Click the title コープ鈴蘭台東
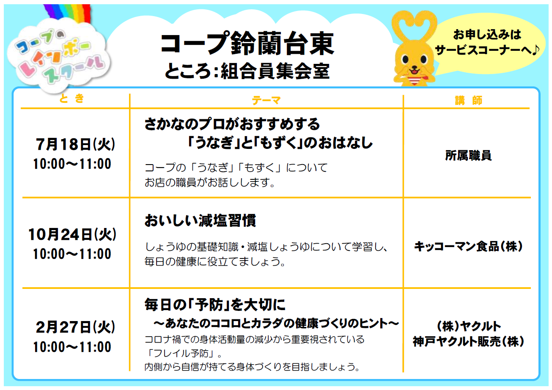(x=247, y=44)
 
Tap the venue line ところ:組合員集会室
(x=247, y=71)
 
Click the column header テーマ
(x=266, y=100)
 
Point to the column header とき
(x=72, y=99)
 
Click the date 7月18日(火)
(x=75, y=144)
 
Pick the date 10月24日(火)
(x=72, y=234)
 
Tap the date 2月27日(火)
(x=75, y=327)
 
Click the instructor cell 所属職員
(x=468, y=156)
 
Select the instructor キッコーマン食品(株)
(x=468, y=246)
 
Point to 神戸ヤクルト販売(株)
(x=468, y=341)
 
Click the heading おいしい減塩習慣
(x=200, y=220)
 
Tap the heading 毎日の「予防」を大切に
(x=215, y=305)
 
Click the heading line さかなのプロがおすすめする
(x=232, y=124)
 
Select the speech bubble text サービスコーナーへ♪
(x=487, y=50)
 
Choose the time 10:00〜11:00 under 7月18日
(x=72, y=164)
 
